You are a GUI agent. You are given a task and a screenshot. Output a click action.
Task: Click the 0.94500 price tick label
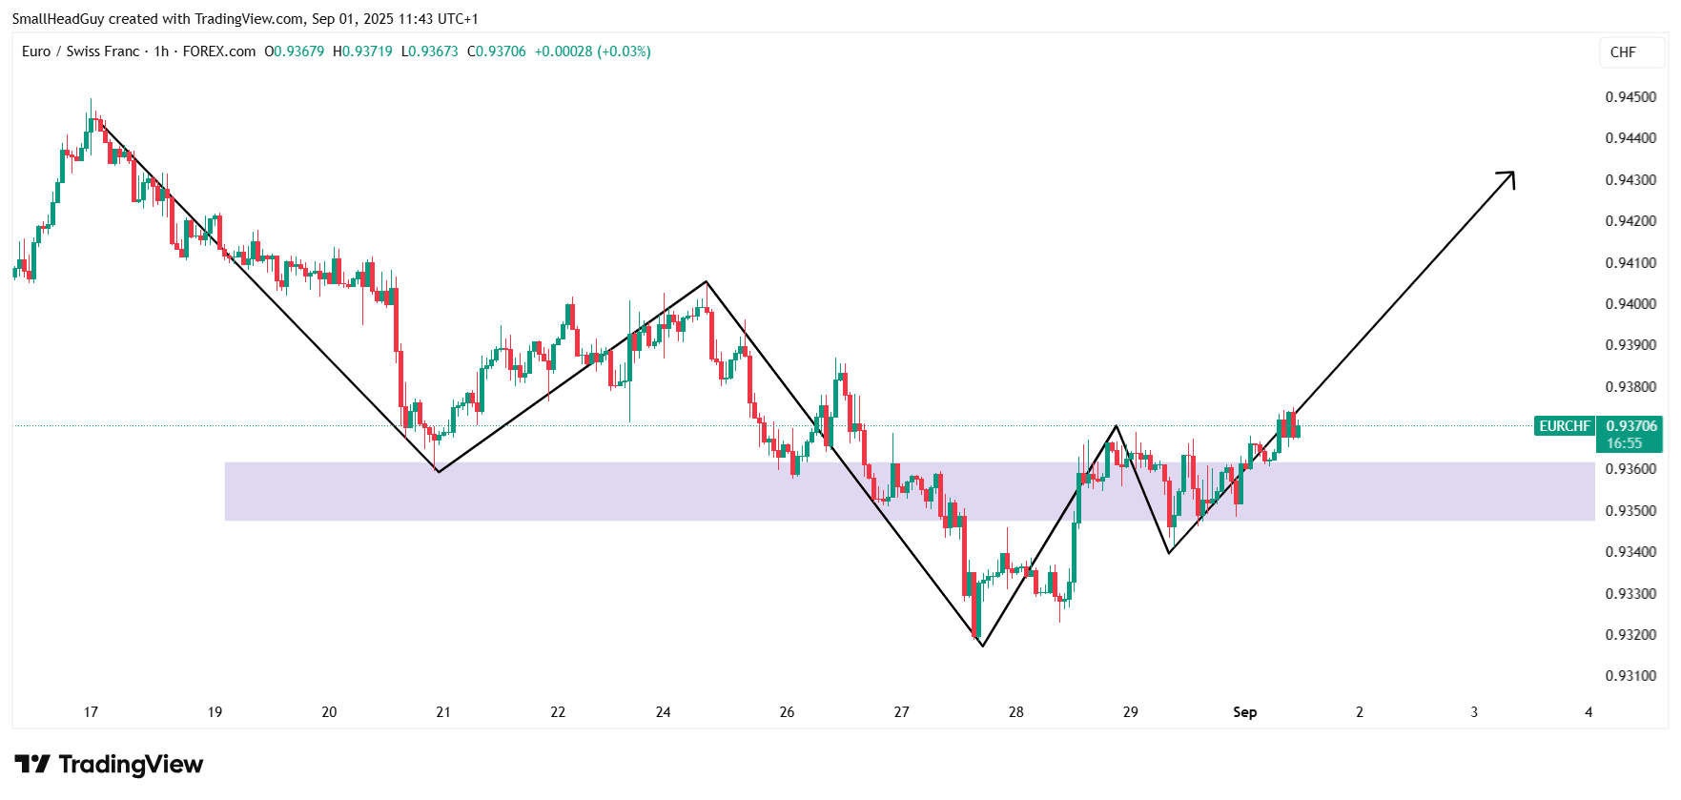(x=1630, y=97)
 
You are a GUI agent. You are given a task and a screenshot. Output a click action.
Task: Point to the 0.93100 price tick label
(x=1630, y=676)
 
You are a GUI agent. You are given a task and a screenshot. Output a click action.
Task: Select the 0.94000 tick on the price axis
(x=1630, y=304)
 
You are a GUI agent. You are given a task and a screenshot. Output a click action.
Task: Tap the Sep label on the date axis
(x=1244, y=712)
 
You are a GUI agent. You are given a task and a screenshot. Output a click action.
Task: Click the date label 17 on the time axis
(x=91, y=712)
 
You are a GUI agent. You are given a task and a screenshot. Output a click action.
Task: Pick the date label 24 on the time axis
(x=663, y=712)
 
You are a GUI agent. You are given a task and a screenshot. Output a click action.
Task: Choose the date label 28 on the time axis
(x=1015, y=712)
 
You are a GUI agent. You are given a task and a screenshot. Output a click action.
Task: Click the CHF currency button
(x=1623, y=52)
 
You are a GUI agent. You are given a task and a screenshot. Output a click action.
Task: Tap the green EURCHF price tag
(x=1564, y=426)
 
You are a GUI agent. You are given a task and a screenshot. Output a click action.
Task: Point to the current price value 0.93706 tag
(x=1631, y=426)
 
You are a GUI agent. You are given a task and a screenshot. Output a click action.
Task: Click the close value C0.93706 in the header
(x=497, y=51)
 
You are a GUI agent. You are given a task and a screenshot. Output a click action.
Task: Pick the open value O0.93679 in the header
(x=295, y=51)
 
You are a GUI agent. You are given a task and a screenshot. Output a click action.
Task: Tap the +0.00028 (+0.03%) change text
(x=592, y=51)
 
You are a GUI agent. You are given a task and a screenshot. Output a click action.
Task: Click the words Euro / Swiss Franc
(x=81, y=51)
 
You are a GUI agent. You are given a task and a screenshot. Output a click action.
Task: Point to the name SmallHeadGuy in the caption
(x=58, y=19)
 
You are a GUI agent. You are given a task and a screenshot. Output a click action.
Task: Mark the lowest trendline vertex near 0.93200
(x=982, y=646)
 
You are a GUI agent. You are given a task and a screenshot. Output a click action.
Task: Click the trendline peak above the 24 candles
(x=706, y=281)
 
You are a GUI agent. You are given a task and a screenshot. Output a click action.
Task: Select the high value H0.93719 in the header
(x=362, y=51)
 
